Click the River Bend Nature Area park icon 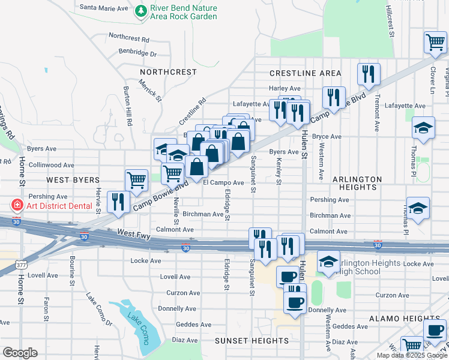[x=140, y=11]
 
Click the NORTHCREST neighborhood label [x=160, y=72]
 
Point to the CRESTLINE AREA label [x=305, y=73]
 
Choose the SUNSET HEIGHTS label [x=252, y=341]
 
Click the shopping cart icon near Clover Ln [x=435, y=41]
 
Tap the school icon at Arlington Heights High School [x=328, y=262]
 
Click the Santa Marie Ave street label [x=104, y=8]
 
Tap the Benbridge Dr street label [x=137, y=53]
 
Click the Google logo [x=20, y=353]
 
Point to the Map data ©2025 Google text [x=411, y=355]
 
